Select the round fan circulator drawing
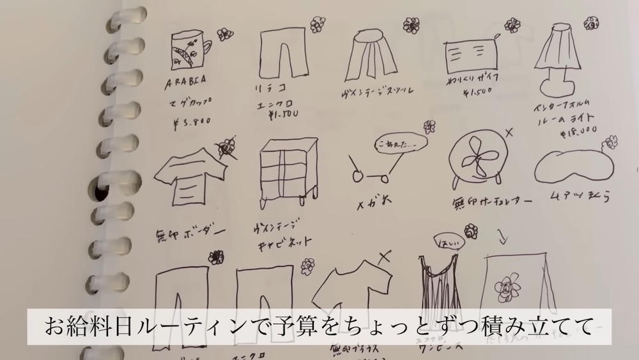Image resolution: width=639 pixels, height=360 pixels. click(x=477, y=160)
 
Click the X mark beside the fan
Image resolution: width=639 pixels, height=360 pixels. click(x=510, y=133)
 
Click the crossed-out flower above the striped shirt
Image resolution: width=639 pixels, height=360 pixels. click(x=226, y=148)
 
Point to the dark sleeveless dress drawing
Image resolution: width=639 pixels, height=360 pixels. click(x=440, y=281)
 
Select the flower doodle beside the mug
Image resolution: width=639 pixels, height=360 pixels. click(x=224, y=34)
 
